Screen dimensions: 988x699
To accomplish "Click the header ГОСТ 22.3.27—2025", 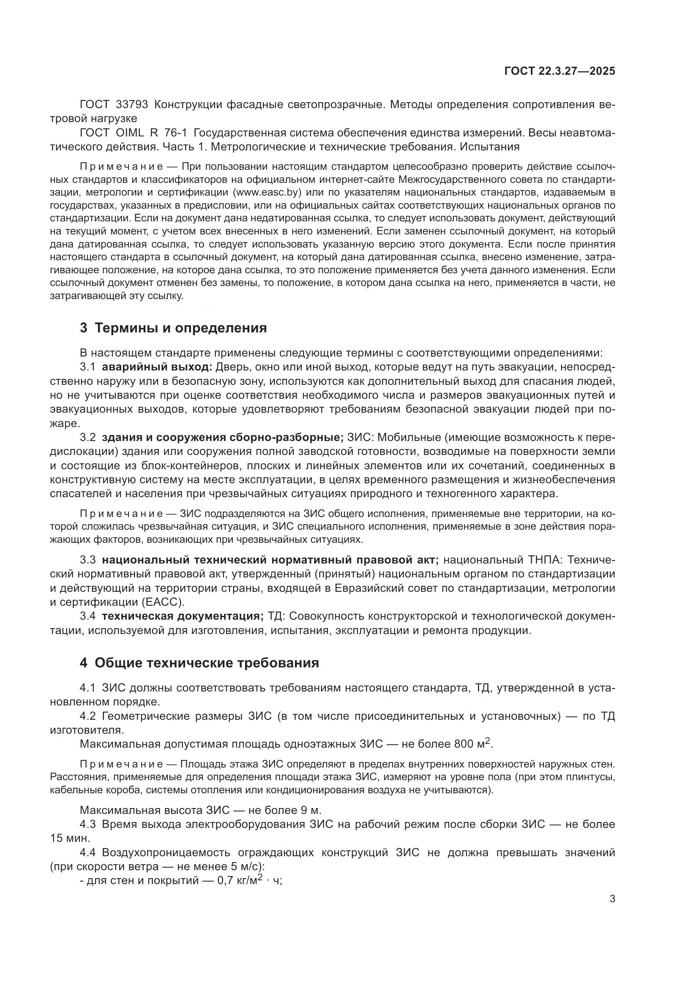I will tap(560, 71).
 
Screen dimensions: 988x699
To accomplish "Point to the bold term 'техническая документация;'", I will tap(183, 616).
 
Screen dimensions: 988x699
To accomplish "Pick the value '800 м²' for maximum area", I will tap(472, 743).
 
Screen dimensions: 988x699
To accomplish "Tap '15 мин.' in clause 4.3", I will tap(70, 838).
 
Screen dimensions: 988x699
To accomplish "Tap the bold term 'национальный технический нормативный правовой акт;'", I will tap(270, 560).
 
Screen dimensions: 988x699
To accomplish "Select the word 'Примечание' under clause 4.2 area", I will tap(121, 764).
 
